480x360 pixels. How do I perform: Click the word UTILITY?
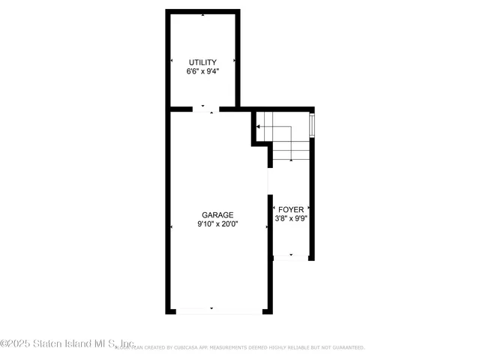(x=202, y=62)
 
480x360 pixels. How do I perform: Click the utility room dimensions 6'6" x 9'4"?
(x=202, y=72)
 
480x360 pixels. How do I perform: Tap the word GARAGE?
(x=217, y=214)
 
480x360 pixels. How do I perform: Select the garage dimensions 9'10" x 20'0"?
(x=217, y=223)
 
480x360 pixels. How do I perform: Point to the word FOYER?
(x=292, y=209)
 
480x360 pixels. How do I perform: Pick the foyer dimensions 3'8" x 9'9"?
(x=292, y=219)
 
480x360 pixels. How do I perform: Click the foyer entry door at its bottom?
(x=292, y=257)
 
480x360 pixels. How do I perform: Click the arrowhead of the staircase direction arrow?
(x=259, y=127)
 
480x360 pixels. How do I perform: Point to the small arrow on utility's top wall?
(x=202, y=14)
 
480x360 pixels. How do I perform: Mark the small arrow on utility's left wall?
(x=172, y=60)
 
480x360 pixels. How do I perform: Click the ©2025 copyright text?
(x=14, y=343)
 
